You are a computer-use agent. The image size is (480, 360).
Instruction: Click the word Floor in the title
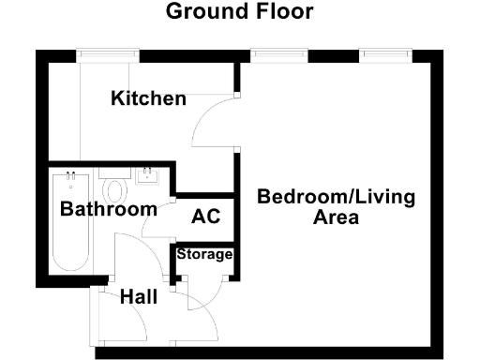point(279,12)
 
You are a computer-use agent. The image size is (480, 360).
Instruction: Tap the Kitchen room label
point(148,98)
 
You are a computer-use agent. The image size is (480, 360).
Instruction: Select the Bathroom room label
point(108,209)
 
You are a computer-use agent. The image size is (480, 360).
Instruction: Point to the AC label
point(205,217)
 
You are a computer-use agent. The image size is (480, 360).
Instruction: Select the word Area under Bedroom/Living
point(334,218)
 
